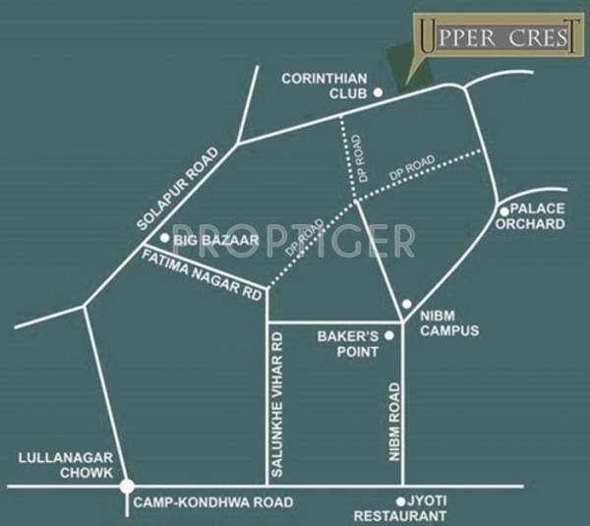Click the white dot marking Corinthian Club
click(x=377, y=92)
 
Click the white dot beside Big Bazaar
click(x=164, y=238)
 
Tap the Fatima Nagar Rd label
click(x=204, y=275)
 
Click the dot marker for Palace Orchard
click(x=502, y=210)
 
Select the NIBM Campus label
click(x=448, y=323)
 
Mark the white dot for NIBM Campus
click(x=407, y=304)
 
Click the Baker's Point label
click(x=348, y=343)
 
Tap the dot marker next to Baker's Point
click(x=389, y=336)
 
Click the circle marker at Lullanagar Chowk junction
click(x=127, y=486)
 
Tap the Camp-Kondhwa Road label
click(x=212, y=502)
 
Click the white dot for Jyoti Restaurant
click(x=400, y=499)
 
